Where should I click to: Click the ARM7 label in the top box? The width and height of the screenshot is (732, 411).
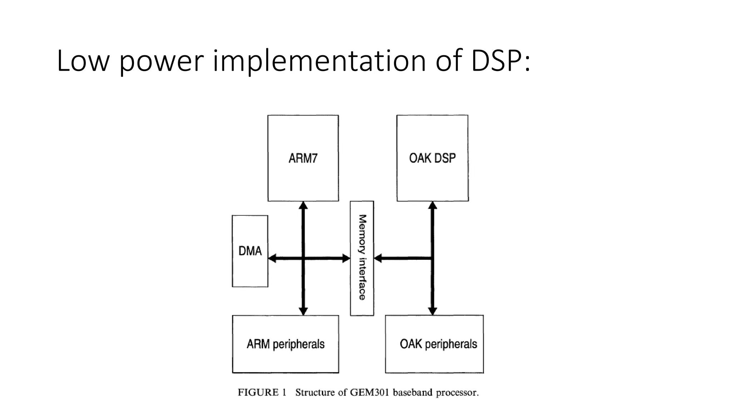[x=303, y=158]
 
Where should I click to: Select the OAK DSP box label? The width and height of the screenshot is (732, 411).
[x=432, y=158]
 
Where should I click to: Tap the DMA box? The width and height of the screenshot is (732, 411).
[x=250, y=251]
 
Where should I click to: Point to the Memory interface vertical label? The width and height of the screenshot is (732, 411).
[x=362, y=257]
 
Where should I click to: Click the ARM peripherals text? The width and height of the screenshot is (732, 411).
[x=285, y=344]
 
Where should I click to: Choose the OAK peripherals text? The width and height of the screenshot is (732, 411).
[x=438, y=344]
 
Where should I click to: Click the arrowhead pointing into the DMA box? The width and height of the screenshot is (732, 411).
[x=272, y=258]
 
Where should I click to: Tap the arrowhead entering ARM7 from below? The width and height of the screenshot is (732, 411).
[x=303, y=205]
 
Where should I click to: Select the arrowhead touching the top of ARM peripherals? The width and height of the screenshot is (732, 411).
[x=303, y=311]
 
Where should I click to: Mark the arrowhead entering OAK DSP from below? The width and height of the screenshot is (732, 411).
[x=432, y=205]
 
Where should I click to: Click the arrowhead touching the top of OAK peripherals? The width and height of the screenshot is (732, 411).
[x=432, y=311]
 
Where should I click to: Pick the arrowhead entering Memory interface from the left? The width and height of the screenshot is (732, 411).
[x=346, y=258]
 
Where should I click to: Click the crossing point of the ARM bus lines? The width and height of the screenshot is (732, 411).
[x=303, y=258]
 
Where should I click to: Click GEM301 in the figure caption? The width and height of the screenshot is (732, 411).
[x=370, y=392]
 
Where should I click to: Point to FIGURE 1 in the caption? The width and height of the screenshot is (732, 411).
[x=262, y=392]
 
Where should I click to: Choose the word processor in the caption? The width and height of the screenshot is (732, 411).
[x=457, y=393]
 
